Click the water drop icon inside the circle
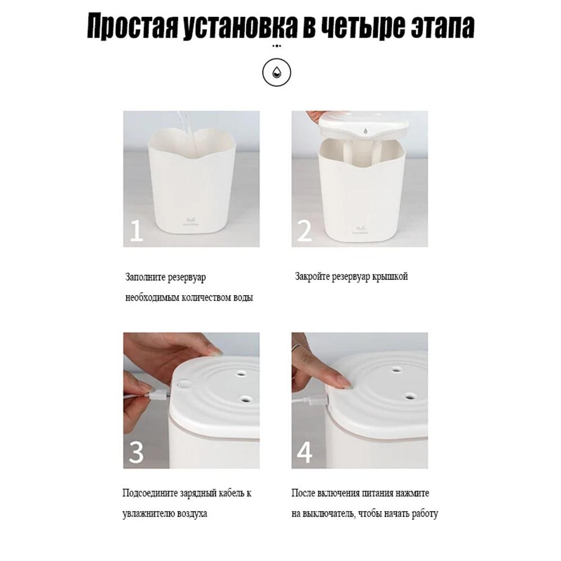coord(276,72)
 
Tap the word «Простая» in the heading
coord(132,26)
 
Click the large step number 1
coord(136,231)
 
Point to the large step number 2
coord(305,231)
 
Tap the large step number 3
coord(136,452)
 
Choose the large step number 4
coord(305,452)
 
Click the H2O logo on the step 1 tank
coord(190,220)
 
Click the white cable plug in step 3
coord(158,395)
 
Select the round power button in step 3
coord(185,385)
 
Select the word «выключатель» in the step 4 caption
coord(328,514)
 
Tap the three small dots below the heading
coord(277,46)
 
